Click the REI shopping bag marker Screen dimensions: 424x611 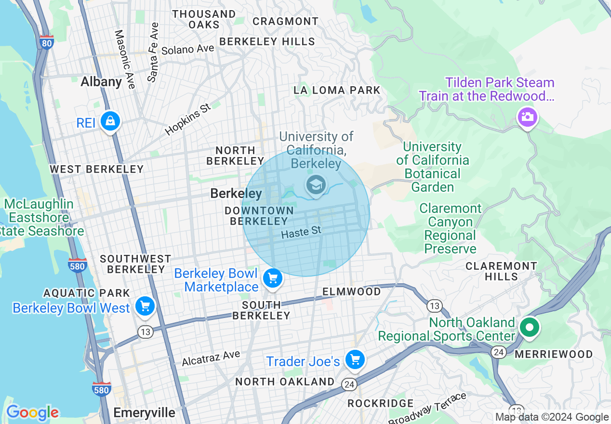[110, 121]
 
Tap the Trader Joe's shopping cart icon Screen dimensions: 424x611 [355, 359]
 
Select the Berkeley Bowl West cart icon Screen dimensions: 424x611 [145, 306]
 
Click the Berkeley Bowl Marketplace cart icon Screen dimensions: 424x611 [273, 278]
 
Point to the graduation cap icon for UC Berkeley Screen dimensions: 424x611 [316, 185]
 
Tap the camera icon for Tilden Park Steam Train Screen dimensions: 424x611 [527, 117]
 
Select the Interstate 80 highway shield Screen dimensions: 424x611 [47, 42]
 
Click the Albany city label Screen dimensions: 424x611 [101, 81]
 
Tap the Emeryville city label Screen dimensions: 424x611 [144, 413]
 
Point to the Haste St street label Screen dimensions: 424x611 [301, 232]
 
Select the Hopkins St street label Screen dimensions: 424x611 [188, 119]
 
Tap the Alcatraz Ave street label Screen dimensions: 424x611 [211, 358]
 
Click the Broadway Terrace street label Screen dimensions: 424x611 [427, 408]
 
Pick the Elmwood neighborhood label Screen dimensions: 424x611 [351, 291]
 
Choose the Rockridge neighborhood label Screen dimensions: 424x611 [380, 403]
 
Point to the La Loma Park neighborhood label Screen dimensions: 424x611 [337, 90]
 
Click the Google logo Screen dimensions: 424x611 [32, 412]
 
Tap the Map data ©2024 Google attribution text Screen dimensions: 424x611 [552, 417]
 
